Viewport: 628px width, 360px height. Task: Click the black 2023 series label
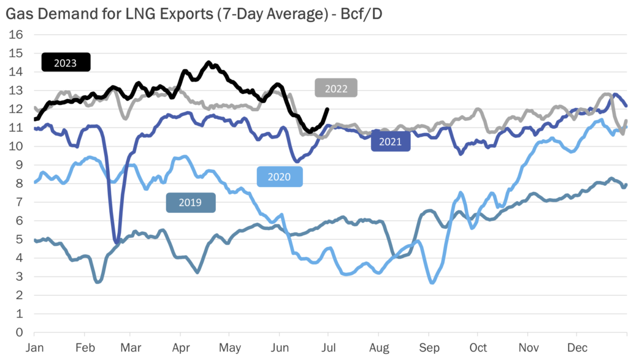(66, 62)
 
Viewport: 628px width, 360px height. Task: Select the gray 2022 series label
(336, 88)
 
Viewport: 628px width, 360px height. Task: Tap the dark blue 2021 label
(391, 142)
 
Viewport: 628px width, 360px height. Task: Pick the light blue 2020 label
(280, 177)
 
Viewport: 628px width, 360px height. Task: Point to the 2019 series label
(191, 202)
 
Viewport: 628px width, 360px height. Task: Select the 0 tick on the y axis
(19, 332)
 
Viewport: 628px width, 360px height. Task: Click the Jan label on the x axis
(34, 347)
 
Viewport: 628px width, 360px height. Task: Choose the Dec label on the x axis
(576, 347)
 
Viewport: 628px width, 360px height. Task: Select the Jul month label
(328, 347)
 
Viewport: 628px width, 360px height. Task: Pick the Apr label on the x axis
(180, 347)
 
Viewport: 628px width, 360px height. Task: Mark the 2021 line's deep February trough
(116, 242)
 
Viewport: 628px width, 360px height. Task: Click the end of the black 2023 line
(327, 110)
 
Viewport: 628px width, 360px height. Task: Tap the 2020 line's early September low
(432, 282)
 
